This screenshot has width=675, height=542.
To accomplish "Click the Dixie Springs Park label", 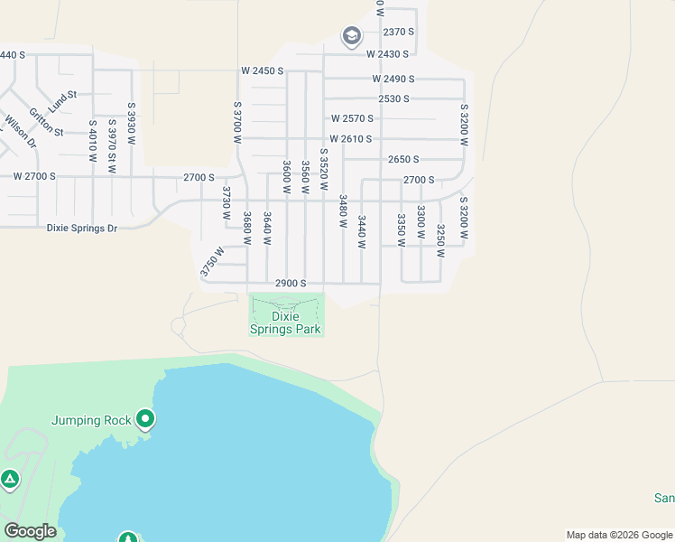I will [x=286, y=323].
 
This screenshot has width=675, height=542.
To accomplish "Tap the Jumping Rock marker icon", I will [x=145, y=419].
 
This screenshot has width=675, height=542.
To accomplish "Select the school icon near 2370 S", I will [x=351, y=37].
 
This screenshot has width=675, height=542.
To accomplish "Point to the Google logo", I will [x=30, y=531].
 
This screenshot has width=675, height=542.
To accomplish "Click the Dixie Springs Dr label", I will [x=82, y=229].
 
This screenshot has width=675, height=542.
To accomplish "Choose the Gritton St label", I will [x=46, y=122].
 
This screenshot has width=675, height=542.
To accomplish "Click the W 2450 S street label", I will [x=263, y=70].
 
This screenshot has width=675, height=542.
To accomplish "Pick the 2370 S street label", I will [x=398, y=32].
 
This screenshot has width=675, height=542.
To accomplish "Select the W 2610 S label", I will [x=353, y=139].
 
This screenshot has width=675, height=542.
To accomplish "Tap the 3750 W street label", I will [x=211, y=261].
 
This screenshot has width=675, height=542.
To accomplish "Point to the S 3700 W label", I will [x=237, y=123].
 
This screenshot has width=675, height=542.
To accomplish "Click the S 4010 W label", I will [x=92, y=140].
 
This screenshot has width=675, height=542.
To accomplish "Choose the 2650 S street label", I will [x=403, y=159].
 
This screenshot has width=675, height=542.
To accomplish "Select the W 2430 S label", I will [x=390, y=54].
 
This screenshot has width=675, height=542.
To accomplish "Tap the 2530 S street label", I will [x=394, y=98].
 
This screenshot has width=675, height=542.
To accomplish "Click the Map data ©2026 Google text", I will [x=618, y=535].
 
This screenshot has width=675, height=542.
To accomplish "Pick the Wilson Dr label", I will [x=20, y=131].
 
